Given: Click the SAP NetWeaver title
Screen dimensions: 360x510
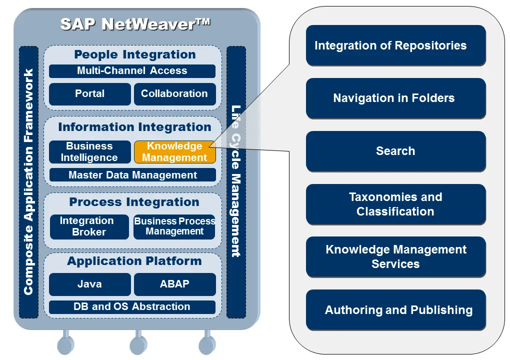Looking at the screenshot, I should [x=135, y=24].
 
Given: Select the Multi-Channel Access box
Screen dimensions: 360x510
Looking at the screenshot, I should [x=132, y=71].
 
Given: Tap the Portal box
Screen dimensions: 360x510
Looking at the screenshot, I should [x=90, y=94].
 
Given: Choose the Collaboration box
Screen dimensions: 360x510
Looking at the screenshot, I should [x=174, y=94].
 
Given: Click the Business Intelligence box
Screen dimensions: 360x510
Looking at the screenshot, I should [x=89, y=152].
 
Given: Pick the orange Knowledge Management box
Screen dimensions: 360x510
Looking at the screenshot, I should [x=174, y=152].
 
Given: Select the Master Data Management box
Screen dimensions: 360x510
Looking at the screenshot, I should [x=132, y=175].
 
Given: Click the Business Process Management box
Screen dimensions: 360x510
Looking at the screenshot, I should [x=174, y=226].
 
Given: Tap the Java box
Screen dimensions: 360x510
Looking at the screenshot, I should [x=90, y=284].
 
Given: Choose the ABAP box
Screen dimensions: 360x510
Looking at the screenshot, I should [x=174, y=284].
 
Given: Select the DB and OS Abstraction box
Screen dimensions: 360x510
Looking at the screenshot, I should [x=132, y=307].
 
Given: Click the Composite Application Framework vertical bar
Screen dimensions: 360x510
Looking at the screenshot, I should [x=28, y=182].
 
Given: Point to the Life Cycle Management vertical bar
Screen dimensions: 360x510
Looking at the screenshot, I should [x=236, y=182].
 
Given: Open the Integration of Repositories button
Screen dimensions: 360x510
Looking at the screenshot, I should [x=395, y=45].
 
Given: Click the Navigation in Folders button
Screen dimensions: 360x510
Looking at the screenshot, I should [x=395, y=98].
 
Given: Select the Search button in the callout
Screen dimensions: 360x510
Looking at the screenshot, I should [x=395, y=151].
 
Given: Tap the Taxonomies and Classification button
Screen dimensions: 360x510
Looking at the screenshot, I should [x=395, y=204].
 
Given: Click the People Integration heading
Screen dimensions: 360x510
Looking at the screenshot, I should [x=135, y=54].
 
